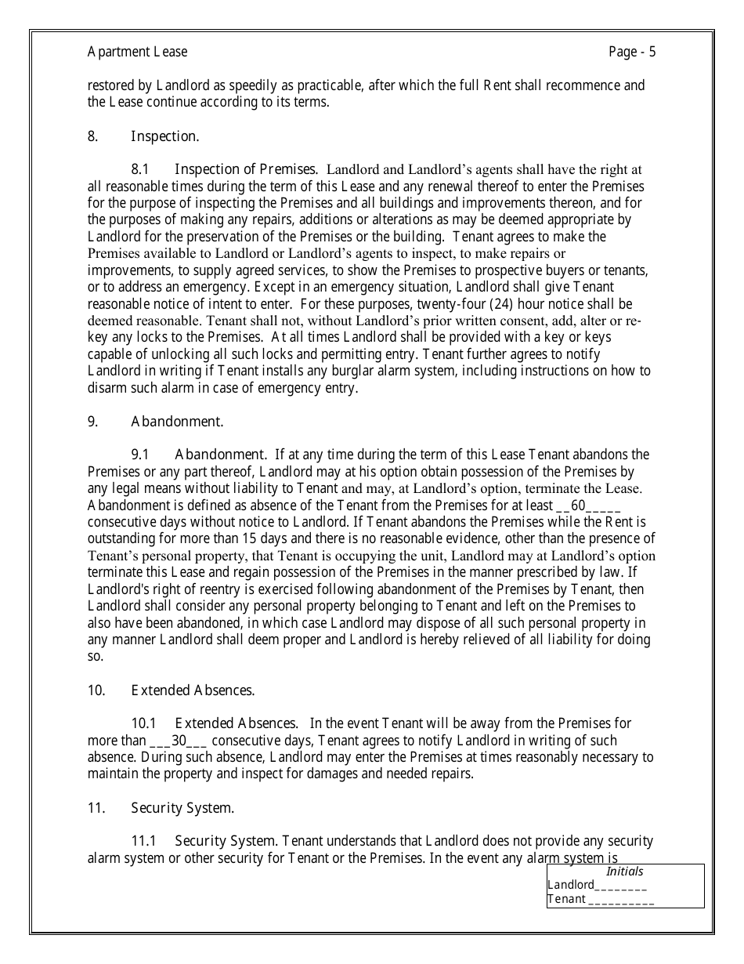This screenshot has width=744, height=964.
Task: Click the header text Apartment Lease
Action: (x=137, y=53)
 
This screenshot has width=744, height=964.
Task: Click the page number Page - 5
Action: (x=632, y=53)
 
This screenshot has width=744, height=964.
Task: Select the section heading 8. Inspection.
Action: (x=143, y=136)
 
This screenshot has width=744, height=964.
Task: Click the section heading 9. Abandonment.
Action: (x=155, y=422)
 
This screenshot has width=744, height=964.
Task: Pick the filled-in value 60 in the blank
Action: (x=579, y=506)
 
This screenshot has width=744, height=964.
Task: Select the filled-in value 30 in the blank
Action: (x=179, y=741)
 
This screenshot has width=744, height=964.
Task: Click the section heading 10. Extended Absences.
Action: (x=171, y=690)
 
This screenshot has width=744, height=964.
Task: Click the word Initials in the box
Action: (x=625, y=872)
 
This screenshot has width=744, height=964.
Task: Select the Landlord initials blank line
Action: (x=621, y=886)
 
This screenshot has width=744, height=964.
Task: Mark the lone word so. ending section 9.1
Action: (x=95, y=657)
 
